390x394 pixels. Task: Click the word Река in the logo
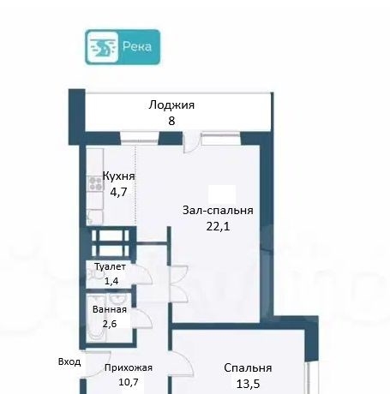(x=137, y=46)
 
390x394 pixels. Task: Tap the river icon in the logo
(x=103, y=47)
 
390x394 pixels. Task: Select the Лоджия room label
(x=171, y=105)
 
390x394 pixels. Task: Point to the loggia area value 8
(x=171, y=121)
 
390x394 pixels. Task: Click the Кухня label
(x=118, y=176)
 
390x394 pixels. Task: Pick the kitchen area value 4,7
(x=118, y=192)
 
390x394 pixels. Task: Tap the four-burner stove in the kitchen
(x=95, y=183)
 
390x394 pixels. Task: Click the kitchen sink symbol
(x=94, y=218)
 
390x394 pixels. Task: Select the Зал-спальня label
(x=218, y=211)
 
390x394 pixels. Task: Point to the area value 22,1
(x=218, y=227)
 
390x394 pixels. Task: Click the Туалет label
(x=110, y=267)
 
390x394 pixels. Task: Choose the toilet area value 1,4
(x=111, y=281)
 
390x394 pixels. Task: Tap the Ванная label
(x=110, y=309)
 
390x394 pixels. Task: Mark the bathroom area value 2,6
(x=110, y=324)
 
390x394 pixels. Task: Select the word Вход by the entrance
(x=69, y=362)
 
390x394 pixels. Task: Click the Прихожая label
(x=129, y=367)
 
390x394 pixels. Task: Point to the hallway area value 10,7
(x=129, y=382)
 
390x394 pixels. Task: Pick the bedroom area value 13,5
(x=248, y=384)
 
